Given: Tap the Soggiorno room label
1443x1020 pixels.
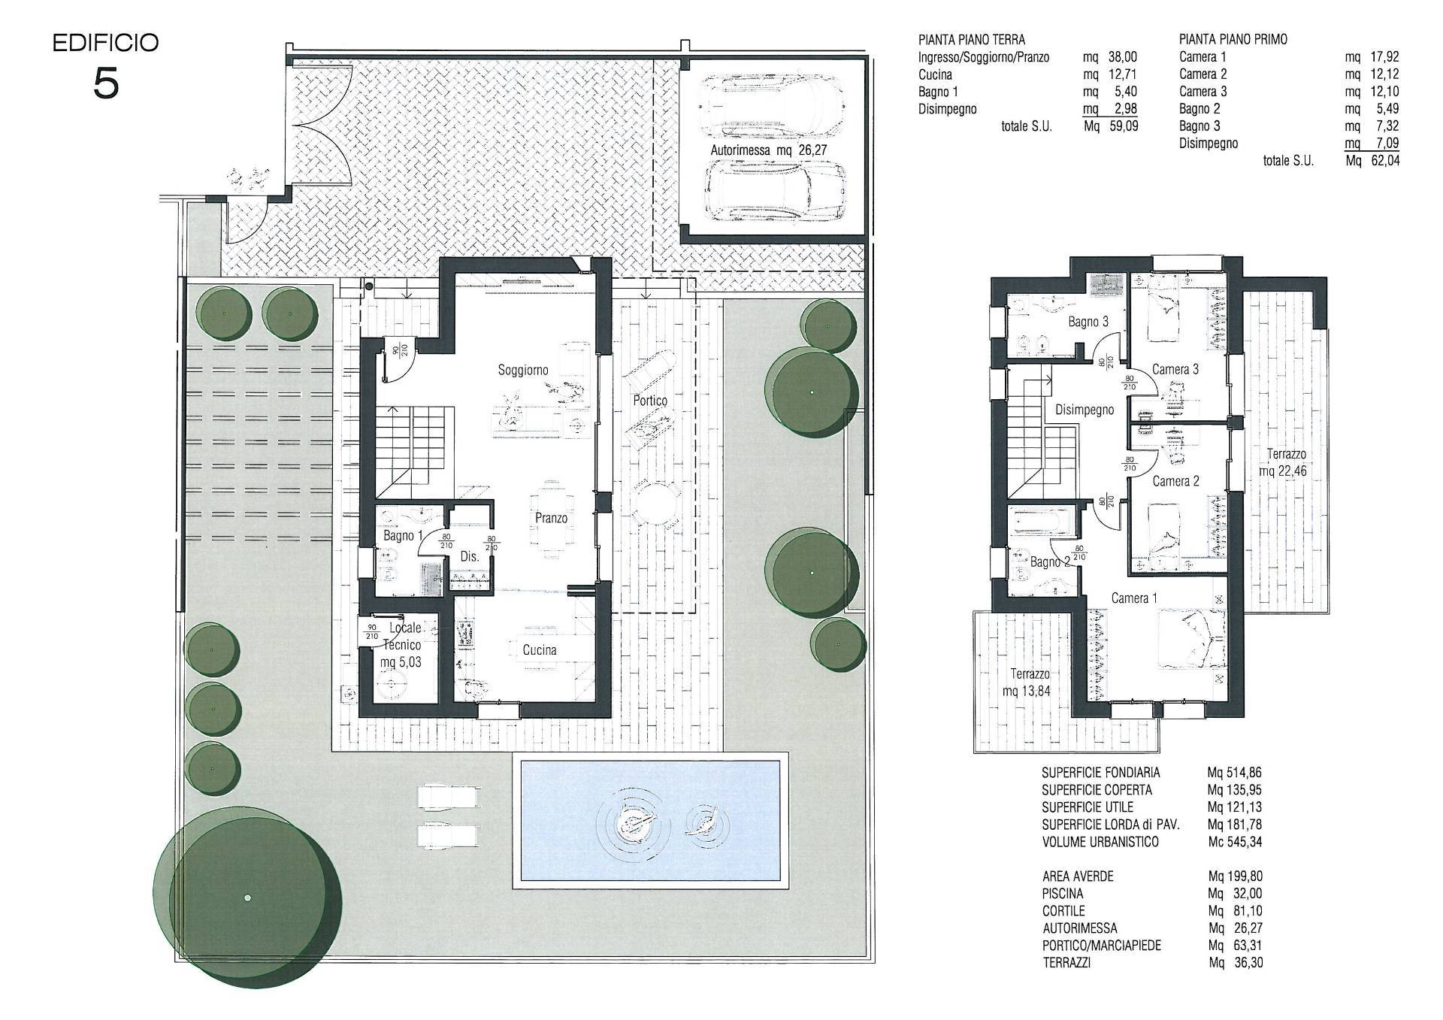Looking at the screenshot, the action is (523, 370).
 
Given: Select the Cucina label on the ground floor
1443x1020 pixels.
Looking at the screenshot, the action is (540, 650).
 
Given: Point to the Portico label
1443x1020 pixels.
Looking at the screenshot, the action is (650, 401).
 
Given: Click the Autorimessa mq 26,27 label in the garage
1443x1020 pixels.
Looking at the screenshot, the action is (769, 150).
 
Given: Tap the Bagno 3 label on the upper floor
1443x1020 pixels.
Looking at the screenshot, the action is (1088, 322).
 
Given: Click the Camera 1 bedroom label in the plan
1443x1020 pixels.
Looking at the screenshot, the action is (1135, 598).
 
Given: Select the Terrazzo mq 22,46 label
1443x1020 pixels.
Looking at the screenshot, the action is (1287, 463).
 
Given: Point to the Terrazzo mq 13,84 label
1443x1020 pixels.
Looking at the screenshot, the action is (1030, 683).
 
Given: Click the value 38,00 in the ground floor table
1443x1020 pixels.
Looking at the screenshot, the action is (1123, 57).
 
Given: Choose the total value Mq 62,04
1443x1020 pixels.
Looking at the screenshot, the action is (1372, 160).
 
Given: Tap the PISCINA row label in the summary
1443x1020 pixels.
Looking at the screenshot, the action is (1063, 894).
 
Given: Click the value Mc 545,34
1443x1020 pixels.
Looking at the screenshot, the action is (1235, 842).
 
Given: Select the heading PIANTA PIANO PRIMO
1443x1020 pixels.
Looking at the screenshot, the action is (1233, 40).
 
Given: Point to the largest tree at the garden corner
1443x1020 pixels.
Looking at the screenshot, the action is (248, 898).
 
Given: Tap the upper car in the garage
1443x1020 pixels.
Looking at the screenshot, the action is (771, 107).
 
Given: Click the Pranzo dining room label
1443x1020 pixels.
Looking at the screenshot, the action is (551, 518).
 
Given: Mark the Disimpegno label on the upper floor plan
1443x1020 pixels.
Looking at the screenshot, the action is (1085, 410).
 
